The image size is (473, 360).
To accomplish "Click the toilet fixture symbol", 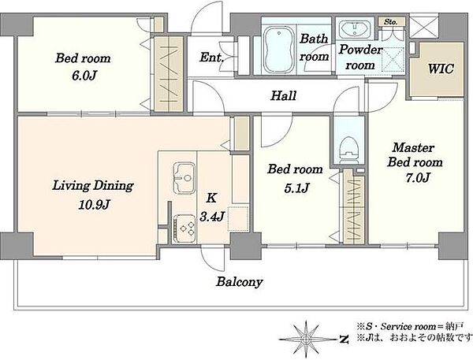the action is tap(349, 150).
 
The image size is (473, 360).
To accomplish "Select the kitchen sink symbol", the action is tap(184, 177).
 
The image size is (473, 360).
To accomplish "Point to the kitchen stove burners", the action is tap(185, 228).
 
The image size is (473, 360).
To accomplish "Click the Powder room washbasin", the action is tap(355, 29).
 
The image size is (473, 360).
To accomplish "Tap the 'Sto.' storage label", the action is tap(391, 22).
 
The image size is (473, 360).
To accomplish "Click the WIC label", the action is tap(441, 69).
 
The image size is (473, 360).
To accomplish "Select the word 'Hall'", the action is tap(283, 95).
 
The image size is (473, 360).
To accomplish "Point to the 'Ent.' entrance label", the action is tap(211, 58).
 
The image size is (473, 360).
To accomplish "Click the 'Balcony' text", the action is tap(240, 282).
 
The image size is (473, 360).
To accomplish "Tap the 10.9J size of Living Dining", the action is tap(94, 205).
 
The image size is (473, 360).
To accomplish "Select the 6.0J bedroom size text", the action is tap(84, 76).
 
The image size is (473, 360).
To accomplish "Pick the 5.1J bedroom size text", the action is tap(296, 188).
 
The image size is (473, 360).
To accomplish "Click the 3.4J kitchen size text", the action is tap(212, 216).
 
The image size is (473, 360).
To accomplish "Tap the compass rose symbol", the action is tap(306, 340).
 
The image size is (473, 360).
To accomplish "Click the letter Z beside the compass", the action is tap(343, 340).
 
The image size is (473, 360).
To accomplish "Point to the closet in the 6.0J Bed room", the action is tap(169, 74).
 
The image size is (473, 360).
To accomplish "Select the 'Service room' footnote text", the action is tap(402, 326).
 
